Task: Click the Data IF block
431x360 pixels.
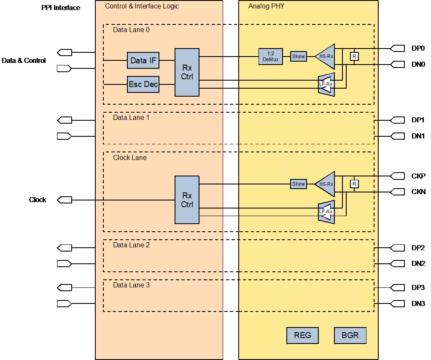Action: (143, 60)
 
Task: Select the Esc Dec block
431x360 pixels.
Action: (143, 84)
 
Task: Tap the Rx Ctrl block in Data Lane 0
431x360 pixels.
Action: (187, 72)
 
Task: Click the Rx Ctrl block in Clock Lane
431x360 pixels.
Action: (187, 200)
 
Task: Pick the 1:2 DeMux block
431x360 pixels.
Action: (270, 57)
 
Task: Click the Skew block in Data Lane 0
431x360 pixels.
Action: (299, 57)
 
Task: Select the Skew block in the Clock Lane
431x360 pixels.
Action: (299, 184)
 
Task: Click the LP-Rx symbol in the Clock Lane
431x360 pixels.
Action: (326, 212)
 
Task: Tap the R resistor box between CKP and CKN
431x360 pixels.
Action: (354, 184)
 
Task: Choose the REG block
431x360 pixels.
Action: (302, 336)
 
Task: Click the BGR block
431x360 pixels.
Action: (350, 336)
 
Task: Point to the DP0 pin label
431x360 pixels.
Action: (418, 49)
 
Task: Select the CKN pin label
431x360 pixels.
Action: (418, 192)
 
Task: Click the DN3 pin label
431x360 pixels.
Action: (418, 303)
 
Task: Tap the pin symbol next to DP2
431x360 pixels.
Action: (397, 248)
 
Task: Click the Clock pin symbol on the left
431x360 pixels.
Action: (65, 200)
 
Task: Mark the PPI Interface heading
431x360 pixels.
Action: (61, 8)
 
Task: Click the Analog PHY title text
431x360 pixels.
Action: (266, 6)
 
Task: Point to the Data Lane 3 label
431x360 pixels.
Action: (132, 285)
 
